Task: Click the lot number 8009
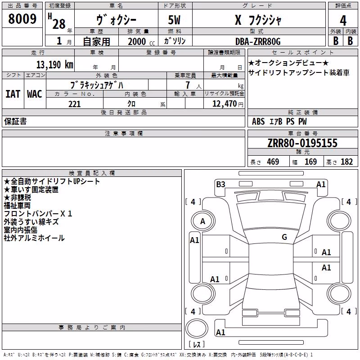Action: (x=22, y=19)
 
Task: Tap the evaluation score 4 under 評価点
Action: (x=343, y=21)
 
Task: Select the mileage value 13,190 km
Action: (x=54, y=64)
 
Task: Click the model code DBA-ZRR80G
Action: (x=258, y=41)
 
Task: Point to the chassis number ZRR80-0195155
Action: (x=302, y=143)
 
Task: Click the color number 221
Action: (x=74, y=104)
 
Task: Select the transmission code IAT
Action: (x=13, y=94)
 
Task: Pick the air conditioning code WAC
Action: (x=35, y=94)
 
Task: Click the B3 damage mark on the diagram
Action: (x=220, y=184)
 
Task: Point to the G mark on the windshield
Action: (x=284, y=237)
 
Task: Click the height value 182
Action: (x=346, y=162)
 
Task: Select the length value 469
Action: (x=273, y=162)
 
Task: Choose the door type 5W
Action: (x=174, y=20)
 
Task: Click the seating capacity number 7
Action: (x=188, y=85)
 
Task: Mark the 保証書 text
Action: (x=15, y=121)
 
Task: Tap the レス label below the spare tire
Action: (x=197, y=344)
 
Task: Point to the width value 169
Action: (x=310, y=162)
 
